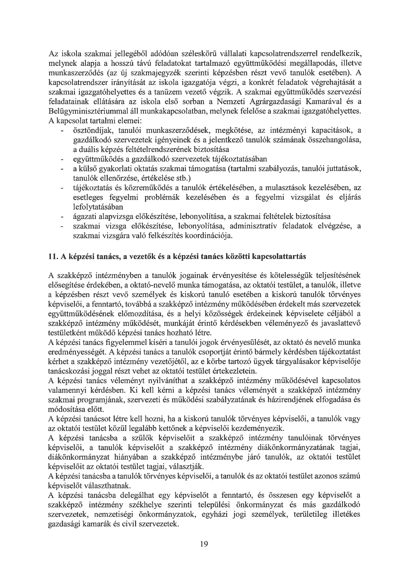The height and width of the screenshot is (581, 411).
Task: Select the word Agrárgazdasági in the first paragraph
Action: pos(275,102)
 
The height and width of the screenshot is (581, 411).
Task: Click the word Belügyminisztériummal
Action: pos(94,111)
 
